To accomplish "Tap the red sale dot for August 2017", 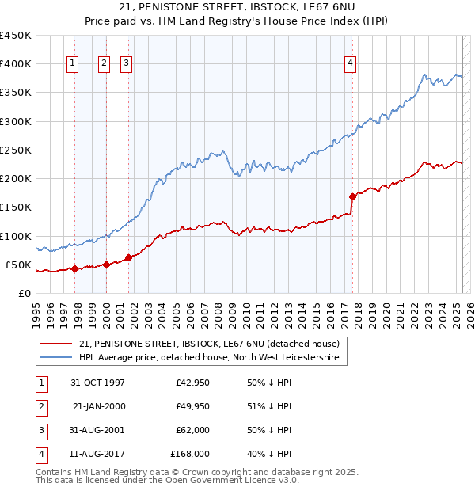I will pos(353,196).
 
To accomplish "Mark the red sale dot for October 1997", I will pos(74,268).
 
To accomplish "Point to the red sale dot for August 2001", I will pos(128,257).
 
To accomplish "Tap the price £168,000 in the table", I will pos(190,455).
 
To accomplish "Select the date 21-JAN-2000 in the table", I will pos(98,407).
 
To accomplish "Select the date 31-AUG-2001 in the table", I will pos(98,431).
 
